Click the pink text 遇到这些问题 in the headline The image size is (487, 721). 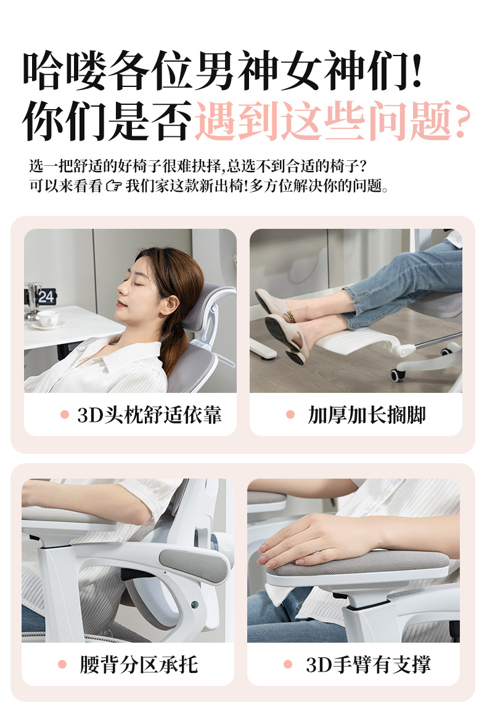click(x=324, y=121)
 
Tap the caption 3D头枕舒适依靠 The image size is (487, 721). click(x=149, y=414)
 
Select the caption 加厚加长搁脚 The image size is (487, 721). click(x=367, y=414)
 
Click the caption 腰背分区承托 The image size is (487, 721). click(x=139, y=664)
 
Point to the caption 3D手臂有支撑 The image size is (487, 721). click(x=369, y=664)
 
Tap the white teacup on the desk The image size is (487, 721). click(x=48, y=318)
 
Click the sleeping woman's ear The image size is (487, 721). click(x=170, y=305)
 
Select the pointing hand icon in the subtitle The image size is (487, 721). click(x=113, y=186)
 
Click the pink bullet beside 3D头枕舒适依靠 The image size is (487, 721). click(x=65, y=414)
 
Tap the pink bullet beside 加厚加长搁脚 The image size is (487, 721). click(x=290, y=414)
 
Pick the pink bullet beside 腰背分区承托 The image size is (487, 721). click(x=62, y=664)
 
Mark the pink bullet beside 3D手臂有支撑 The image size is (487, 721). click(x=288, y=664)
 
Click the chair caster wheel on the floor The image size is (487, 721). click(x=398, y=375)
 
